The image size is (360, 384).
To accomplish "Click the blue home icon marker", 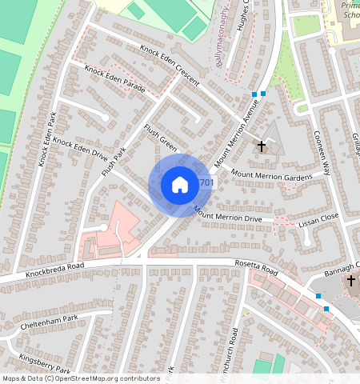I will [180, 185].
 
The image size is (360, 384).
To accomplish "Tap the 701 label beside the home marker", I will [206, 183].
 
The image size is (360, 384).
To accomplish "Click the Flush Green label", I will [159, 137].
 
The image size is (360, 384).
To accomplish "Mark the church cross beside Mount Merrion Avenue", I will [262, 146].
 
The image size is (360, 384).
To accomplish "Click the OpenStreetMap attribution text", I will [80, 378].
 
